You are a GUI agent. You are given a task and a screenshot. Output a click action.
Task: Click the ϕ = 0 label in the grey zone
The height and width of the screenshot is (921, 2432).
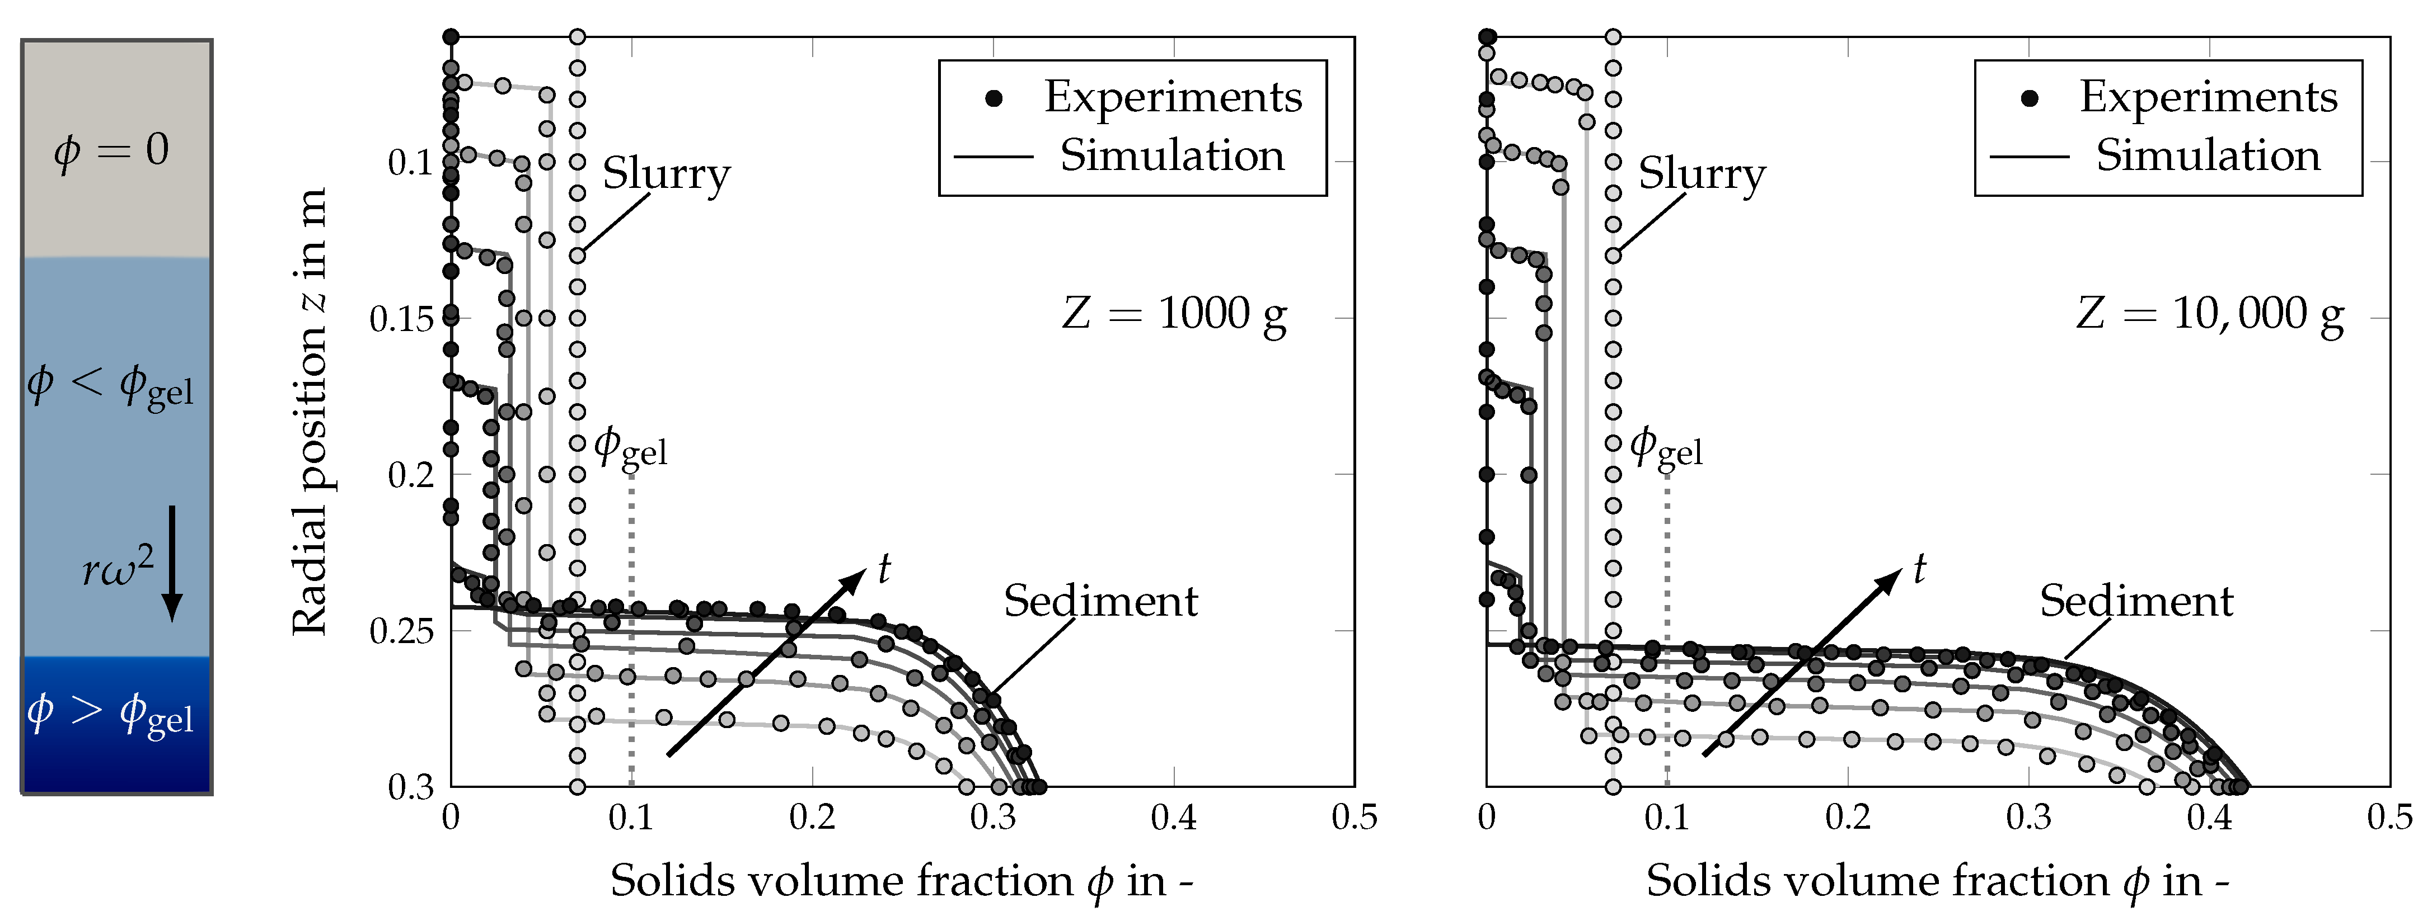(111, 150)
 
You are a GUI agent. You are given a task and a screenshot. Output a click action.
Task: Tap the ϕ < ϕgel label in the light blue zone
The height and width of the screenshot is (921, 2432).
(110, 385)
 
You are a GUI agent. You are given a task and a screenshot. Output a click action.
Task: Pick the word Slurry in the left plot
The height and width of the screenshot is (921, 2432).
(667, 173)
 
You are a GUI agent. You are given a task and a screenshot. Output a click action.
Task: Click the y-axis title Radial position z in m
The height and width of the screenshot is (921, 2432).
(310, 410)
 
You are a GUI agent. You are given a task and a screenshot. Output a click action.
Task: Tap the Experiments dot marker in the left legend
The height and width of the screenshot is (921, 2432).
(993, 98)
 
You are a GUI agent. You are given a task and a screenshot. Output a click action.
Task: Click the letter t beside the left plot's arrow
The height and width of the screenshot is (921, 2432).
(884, 568)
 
